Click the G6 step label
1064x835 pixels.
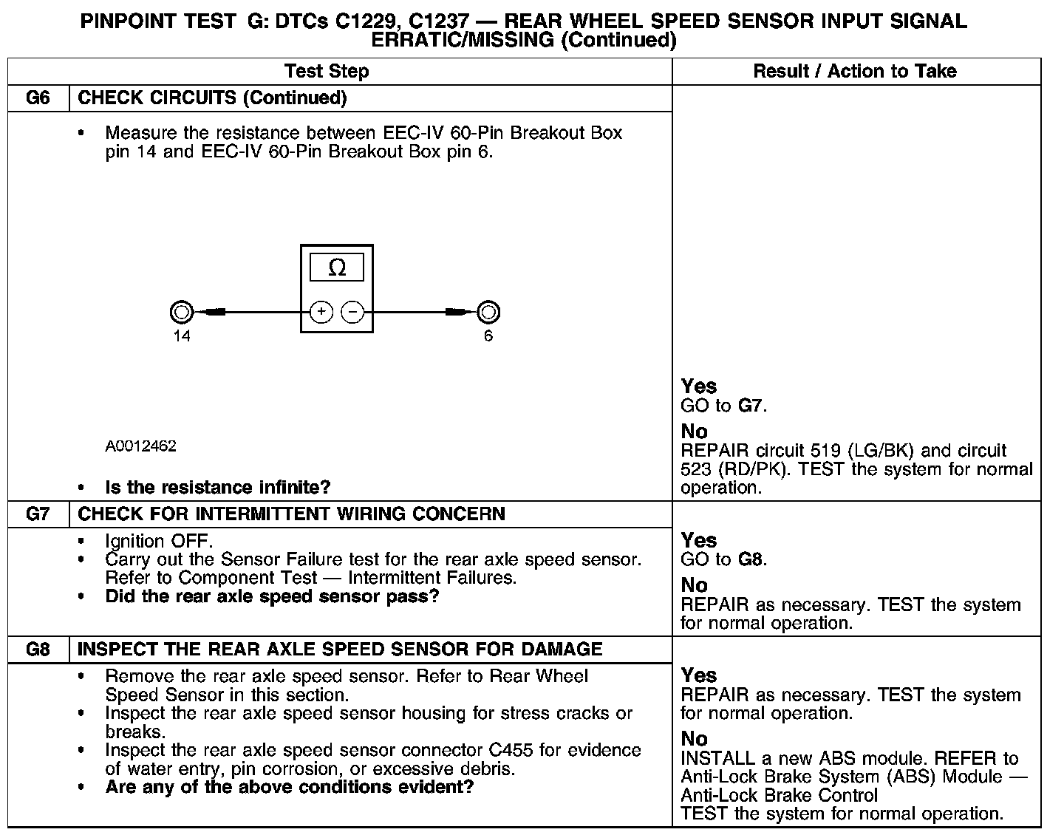point(38,98)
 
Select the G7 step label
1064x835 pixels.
point(38,514)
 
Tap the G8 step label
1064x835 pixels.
point(38,650)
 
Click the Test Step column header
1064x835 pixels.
point(327,72)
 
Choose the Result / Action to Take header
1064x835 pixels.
point(855,72)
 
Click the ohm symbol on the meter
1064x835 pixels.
point(337,267)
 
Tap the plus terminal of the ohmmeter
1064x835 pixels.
point(321,313)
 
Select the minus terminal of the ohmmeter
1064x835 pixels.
point(353,313)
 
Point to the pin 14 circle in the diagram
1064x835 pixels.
point(182,313)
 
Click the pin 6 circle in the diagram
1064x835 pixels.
point(488,313)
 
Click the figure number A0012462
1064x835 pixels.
point(140,446)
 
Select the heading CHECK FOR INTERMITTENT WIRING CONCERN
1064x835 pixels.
point(291,514)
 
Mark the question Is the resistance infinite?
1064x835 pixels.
point(218,488)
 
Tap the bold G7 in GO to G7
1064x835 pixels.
point(750,406)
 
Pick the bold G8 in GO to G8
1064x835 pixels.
point(750,559)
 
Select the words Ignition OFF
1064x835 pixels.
point(159,542)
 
